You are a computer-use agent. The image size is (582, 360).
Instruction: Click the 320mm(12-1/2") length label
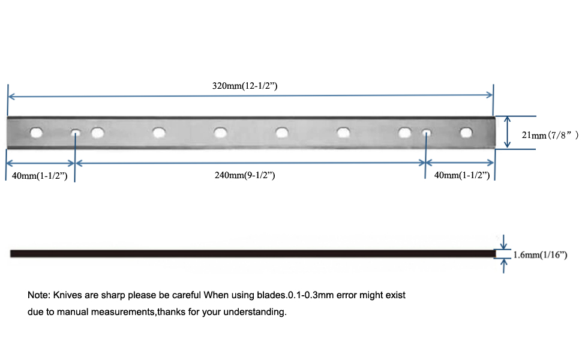245,86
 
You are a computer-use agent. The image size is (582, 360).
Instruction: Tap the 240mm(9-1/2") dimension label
245,175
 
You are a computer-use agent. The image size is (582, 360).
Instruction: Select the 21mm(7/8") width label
550,135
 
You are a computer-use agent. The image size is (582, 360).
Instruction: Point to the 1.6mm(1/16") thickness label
540,254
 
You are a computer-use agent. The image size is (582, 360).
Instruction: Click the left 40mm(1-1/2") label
40,176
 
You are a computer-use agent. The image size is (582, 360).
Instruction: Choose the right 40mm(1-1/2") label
462,175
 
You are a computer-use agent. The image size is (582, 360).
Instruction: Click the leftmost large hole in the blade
37,133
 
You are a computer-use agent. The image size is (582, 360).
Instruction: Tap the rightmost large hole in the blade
466,133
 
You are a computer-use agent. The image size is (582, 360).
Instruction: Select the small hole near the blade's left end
76,133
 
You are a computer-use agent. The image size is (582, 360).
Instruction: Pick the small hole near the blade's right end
427,133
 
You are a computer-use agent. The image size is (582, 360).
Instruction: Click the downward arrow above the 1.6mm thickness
503,242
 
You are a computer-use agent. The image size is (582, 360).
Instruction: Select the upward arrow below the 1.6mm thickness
503,266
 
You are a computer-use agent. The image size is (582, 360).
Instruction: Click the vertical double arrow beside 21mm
508,132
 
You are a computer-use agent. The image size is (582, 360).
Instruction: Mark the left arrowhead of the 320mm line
11,97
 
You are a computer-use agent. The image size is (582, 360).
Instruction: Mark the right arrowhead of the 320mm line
489,95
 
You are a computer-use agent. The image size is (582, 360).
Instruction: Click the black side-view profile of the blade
253,254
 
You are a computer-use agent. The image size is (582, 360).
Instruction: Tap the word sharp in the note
113,295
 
